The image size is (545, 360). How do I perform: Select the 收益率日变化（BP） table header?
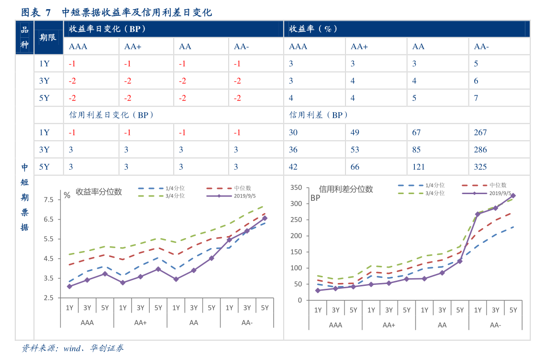[x=107, y=29]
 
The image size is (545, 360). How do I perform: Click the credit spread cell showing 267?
[x=480, y=132]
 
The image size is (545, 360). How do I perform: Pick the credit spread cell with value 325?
[x=480, y=167]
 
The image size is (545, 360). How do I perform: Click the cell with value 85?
[x=416, y=150]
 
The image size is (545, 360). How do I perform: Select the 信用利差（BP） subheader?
[x=319, y=115]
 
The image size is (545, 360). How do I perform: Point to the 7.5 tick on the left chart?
[x=49, y=199]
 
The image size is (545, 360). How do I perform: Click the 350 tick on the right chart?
[x=297, y=187]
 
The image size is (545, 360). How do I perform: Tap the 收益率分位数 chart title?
[x=99, y=192]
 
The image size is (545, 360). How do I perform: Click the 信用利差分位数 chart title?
[x=345, y=189]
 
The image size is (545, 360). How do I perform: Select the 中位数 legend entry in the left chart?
[x=243, y=188]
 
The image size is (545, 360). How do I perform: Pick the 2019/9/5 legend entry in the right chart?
[x=500, y=193]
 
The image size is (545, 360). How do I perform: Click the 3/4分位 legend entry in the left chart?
[x=175, y=196]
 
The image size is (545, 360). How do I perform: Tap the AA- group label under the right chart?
[x=495, y=325]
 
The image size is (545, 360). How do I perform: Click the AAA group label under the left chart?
[x=87, y=323]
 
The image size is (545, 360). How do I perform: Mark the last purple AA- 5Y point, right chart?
[x=513, y=196]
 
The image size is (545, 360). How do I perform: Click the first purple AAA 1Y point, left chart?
[x=69, y=286]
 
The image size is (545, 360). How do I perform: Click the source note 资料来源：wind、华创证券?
[x=73, y=348]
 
